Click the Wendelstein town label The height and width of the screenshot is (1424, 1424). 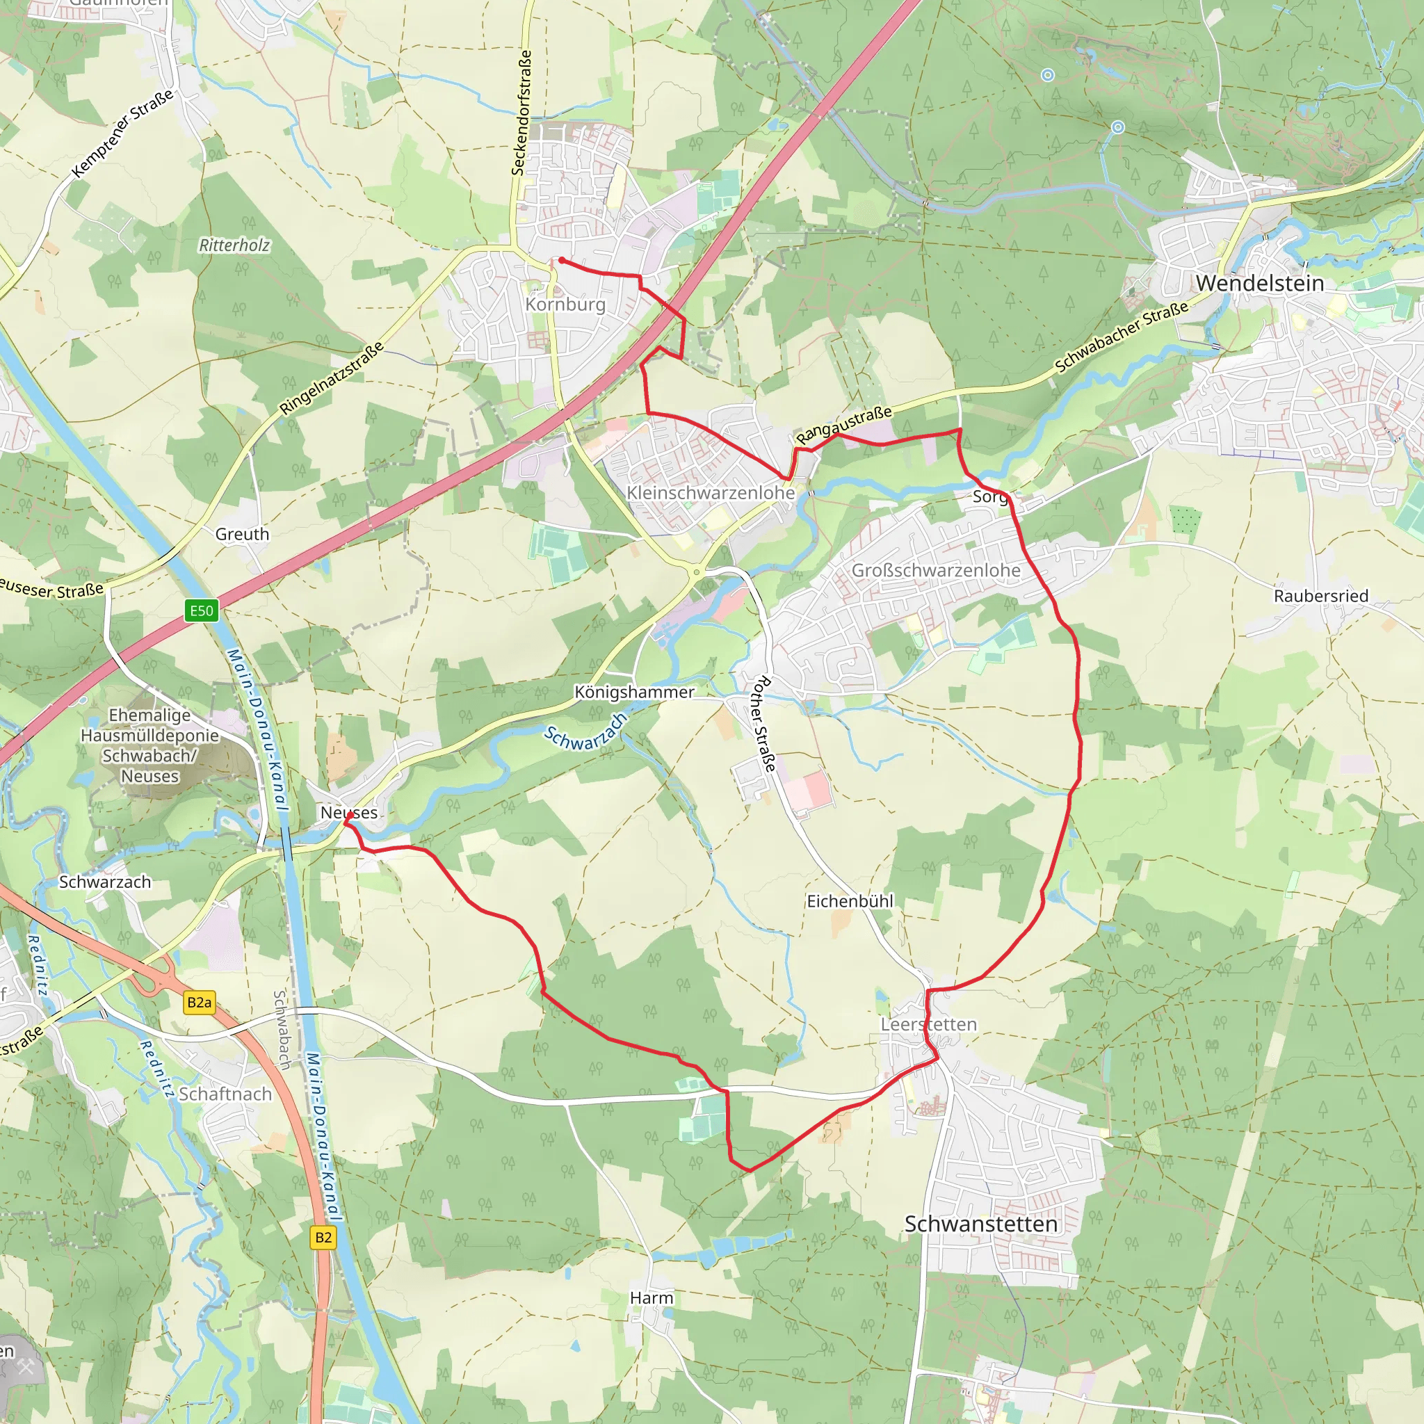[1260, 283]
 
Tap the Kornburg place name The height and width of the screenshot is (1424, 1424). [565, 305]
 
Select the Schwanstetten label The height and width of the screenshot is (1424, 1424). [980, 1224]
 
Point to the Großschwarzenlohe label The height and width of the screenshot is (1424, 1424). [936, 570]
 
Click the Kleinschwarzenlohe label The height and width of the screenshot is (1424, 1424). [711, 492]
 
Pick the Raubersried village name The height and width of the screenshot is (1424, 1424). [1321, 596]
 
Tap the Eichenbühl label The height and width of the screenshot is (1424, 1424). [850, 900]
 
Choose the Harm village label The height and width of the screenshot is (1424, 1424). [652, 1298]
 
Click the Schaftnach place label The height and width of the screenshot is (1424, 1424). [225, 1094]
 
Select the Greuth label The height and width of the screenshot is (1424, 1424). [243, 535]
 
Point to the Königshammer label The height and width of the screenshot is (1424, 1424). [634, 692]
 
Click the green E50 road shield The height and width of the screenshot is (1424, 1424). [201, 610]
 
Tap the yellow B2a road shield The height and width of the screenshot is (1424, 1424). [199, 1003]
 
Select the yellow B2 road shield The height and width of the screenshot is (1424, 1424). [323, 1238]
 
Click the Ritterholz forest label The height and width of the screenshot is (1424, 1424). [234, 245]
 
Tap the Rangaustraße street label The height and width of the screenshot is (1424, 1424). [844, 425]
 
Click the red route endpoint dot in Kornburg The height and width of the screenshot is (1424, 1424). [562, 260]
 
